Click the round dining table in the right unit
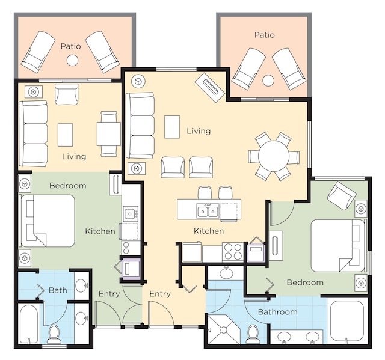pos(274,156)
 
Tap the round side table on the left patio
pos(72,60)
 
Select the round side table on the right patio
pos(268,80)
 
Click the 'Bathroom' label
pos(278,312)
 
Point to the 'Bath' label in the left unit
pos(58,290)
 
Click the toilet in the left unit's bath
pos(54,334)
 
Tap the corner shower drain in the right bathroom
pos(224,330)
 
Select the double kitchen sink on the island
pos(208,211)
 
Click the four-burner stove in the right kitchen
pos(233,252)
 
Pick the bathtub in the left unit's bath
pos(29,324)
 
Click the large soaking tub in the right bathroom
pos(347,320)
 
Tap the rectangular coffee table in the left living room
pos(66,135)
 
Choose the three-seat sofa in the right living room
pos(140,126)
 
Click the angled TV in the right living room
pos(210,87)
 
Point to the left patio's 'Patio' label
pos(71,46)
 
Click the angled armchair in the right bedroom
pos(342,195)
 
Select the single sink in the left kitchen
pos(131,214)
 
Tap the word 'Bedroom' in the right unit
pos(305,282)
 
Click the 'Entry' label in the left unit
pos(109,294)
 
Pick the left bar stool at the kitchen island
pos(205,193)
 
